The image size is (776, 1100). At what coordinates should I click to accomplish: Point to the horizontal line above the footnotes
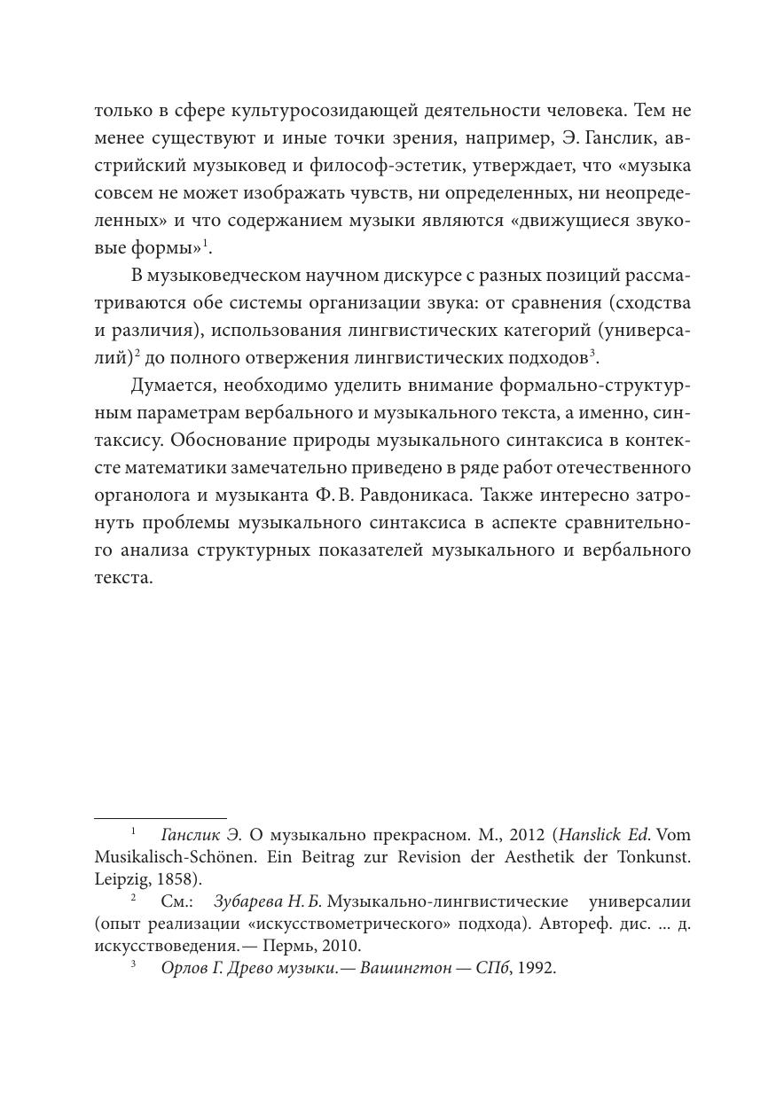(161, 818)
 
